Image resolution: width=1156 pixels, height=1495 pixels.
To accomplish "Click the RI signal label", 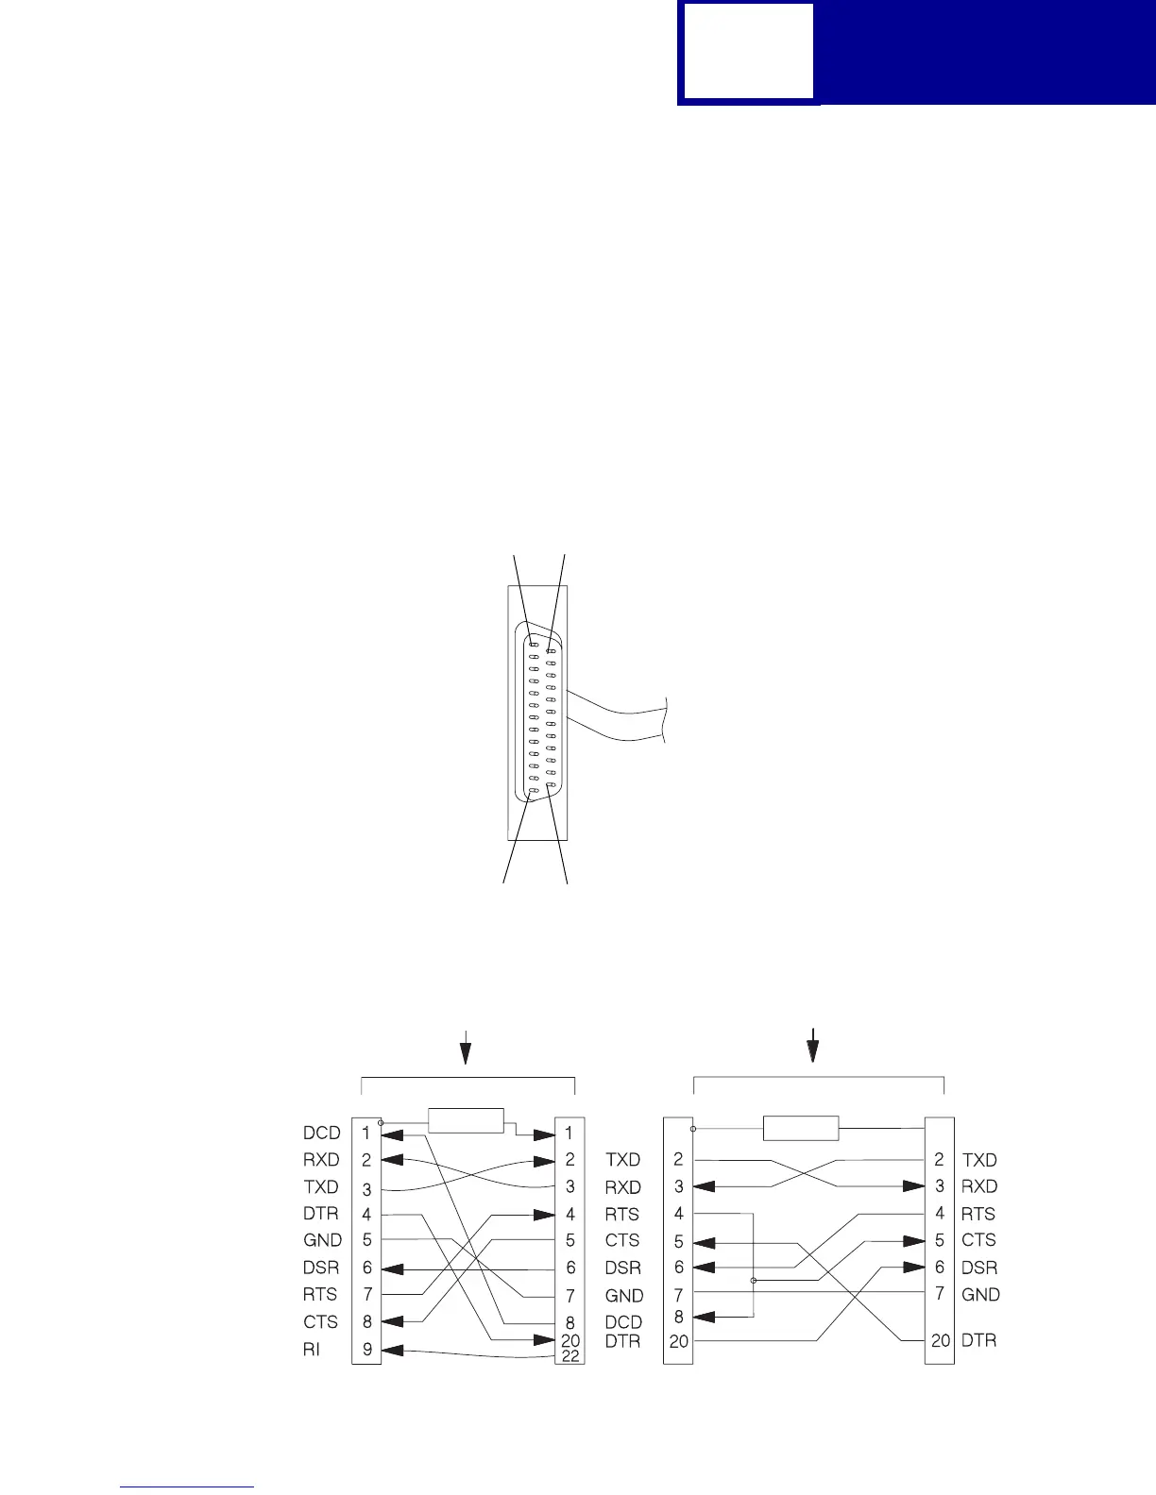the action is pos(312,1350).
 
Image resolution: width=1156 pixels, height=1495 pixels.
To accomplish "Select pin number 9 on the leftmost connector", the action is pos(366,1350).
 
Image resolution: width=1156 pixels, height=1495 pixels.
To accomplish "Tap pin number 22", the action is pos(570,1356).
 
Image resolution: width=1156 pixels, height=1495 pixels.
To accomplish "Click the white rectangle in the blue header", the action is pos(748,51).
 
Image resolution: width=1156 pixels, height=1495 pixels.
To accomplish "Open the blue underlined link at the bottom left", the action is pos(188,1487).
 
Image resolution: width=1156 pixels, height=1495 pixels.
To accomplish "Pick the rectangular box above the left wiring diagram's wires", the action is pos(466,1120).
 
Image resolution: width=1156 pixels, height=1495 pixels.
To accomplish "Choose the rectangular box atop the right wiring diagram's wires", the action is pos(800,1128).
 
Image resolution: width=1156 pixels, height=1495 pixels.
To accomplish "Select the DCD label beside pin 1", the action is pos(321,1133).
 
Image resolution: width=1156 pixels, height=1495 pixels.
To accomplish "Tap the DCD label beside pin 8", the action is pos(623,1322).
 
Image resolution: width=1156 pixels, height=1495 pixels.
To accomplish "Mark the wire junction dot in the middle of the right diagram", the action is pos(753,1281).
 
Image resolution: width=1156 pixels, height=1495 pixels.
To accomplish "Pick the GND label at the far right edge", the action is pos(980,1295).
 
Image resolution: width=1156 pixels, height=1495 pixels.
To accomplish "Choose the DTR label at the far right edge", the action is pos(979,1340).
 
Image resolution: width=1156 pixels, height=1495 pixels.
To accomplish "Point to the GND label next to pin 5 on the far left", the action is pos(322,1240).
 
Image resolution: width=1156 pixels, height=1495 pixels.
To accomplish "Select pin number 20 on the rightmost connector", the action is pos(941,1340).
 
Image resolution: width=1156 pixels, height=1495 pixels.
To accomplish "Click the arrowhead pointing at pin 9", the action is pos(395,1351).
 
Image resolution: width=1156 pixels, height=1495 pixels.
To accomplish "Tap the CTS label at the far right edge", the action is pos(978,1240).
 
